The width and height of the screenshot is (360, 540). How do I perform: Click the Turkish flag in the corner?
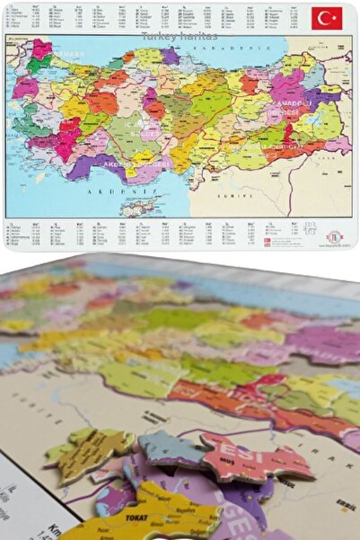pyautogui.click(x=327, y=18)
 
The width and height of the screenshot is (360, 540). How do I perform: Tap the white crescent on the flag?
pyautogui.click(x=323, y=18)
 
